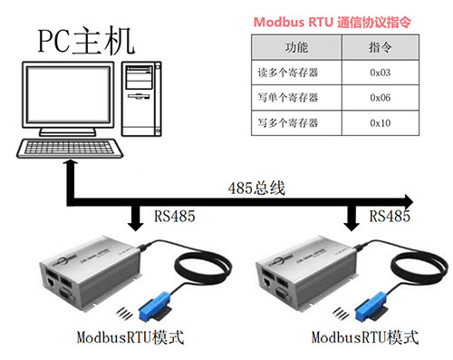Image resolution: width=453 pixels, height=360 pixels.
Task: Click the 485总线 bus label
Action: point(255,188)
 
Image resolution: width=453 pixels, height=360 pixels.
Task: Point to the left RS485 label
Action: point(173,216)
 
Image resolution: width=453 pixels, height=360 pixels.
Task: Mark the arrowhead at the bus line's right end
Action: point(409,199)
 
